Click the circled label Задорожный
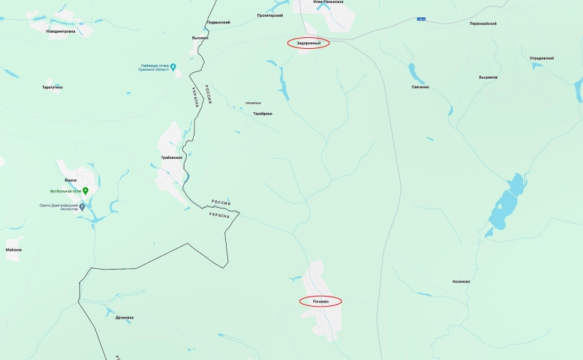[x=308, y=43]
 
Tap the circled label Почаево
[x=321, y=300]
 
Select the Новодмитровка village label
[x=60, y=31]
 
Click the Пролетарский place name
[x=270, y=15]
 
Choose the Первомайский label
[x=483, y=23]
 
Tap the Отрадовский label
[x=541, y=58]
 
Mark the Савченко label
[x=420, y=87]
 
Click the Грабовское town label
[x=171, y=157]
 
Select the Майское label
[x=13, y=250]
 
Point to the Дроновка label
[x=125, y=318]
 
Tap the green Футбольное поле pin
[x=85, y=191]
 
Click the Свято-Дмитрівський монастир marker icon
[x=82, y=206]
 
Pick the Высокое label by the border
[x=200, y=38]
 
